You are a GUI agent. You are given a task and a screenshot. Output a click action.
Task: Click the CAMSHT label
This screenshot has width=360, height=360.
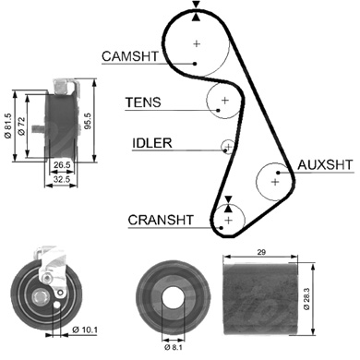click(x=130, y=56)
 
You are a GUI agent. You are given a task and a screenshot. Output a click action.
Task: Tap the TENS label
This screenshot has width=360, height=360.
click(x=143, y=102)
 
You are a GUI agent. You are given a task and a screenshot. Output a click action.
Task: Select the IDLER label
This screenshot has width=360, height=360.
click(x=152, y=143)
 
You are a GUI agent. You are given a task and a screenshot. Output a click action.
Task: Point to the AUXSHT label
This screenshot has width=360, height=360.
click(x=325, y=165)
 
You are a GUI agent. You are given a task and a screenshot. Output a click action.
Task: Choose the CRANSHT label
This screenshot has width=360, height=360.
click(x=161, y=220)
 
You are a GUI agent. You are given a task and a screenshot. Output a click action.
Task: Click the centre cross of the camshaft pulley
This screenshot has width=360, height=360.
click(x=197, y=43)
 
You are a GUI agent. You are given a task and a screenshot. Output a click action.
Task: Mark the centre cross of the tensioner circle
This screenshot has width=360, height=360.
click(x=225, y=100)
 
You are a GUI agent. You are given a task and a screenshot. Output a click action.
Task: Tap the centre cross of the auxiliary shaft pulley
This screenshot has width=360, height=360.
click(x=275, y=182)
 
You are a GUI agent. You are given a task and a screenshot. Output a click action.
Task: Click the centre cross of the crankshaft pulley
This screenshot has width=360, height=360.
click(x=228, y=221)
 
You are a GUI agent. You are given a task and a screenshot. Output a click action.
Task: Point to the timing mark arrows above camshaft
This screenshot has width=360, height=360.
click(x=196, y=11)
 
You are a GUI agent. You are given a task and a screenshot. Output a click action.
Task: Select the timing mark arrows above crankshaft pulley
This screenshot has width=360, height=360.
click(x=228, y=204)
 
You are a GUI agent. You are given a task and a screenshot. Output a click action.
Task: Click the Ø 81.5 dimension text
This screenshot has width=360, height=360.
click(x=8, y=126)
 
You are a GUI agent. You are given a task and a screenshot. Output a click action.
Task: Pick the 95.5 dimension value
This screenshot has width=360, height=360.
click(x=88, y=121)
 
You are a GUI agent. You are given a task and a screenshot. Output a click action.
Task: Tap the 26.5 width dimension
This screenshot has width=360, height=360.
click(x=62, y=165)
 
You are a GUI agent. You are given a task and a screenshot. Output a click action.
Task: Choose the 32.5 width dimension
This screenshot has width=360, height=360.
click(x=62, y=179)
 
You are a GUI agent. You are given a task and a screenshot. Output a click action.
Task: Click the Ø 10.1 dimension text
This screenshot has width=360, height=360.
click(x=85, y=330)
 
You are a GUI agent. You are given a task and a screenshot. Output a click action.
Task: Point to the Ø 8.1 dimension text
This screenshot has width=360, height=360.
click(x=174, y=348)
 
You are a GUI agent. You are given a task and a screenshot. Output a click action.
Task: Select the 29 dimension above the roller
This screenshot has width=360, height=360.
click(x=261, y=252)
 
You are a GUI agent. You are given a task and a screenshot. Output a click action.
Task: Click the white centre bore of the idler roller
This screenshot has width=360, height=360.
click(x=173, y=298)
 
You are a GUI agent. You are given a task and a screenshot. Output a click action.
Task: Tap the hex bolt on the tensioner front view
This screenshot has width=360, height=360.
click(x=40, y=296)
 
